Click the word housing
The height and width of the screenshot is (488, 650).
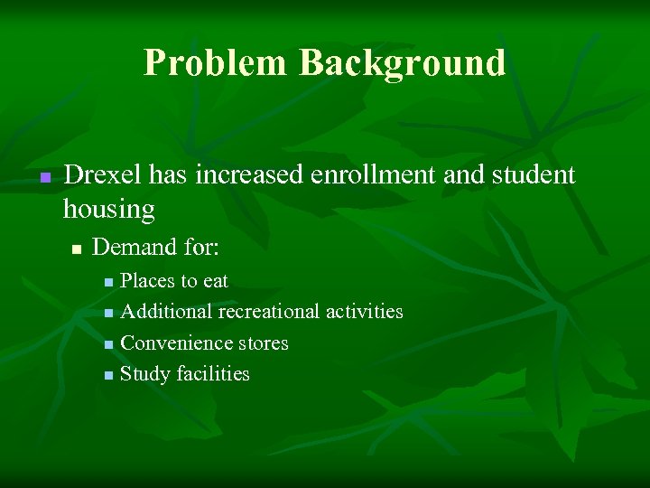tap(108, 210)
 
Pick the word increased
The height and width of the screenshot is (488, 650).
tap(238, 174)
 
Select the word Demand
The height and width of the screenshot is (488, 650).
tap(135, 247)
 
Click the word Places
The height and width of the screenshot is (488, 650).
tap(149, 281)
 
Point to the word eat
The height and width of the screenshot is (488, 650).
tap(216, 281)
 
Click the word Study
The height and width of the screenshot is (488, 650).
tap(145, 374)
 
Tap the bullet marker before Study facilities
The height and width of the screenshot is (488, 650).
tap(108, 375)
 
